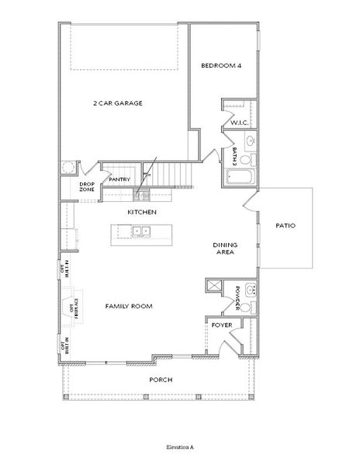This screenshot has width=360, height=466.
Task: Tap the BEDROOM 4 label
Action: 222,66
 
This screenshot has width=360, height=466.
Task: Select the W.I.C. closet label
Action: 238,123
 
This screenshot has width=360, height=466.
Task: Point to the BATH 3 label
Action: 234,155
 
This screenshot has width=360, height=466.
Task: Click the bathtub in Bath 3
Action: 242,178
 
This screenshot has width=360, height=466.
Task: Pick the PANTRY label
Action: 119,179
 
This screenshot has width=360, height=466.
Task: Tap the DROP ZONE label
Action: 87,187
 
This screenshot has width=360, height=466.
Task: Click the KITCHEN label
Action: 143,212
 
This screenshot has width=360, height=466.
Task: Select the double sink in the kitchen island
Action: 141,231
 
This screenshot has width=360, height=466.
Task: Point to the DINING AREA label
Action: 225,249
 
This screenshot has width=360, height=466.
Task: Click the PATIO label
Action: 286,226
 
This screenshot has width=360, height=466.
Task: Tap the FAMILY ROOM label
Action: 129,306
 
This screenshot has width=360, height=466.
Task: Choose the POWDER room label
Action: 237,297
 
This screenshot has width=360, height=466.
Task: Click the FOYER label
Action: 222,325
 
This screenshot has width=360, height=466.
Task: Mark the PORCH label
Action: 161,380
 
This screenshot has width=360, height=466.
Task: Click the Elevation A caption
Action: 179,448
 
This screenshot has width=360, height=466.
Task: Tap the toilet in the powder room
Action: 247,308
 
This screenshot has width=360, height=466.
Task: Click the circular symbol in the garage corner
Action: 68,168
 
